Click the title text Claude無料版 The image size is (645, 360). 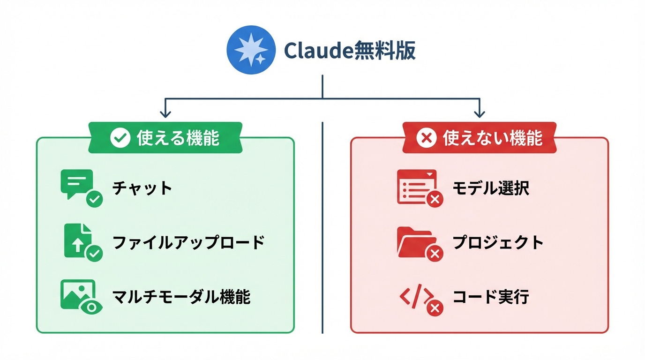[x=350, y=51]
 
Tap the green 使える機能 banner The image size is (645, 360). [x=165, y=138]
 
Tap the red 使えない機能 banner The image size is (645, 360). [x=479, y=138]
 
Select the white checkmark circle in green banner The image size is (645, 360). [x=120, y=138]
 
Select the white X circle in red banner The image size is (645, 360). [x=427, y=138]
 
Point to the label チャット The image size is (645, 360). [x=142, y=188]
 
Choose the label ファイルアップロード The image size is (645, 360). [x=188, y=243]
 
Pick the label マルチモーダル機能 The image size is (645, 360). [x=181, y=297]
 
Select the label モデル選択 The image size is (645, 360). [x=490, y=188]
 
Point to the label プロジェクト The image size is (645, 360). [x=498, y=243]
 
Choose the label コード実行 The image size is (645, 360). [x=490, y=297]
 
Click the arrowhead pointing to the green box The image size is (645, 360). [x=165, y=114]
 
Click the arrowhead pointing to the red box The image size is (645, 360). [x=479, y=114]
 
